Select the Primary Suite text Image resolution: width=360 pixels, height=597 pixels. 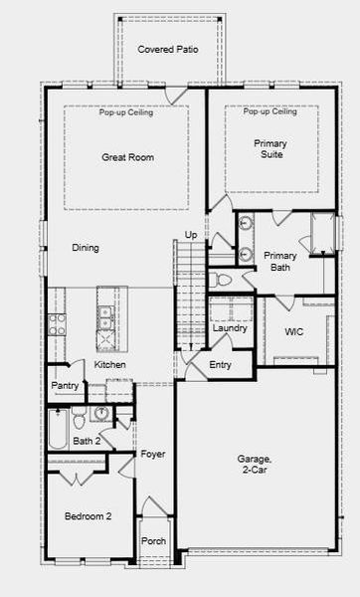pyautogui.click(x=270, y=150)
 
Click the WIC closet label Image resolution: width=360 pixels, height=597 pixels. pyautogui.click(x=293, y=331)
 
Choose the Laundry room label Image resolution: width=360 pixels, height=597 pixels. pyautogui.click(x=230, y=328)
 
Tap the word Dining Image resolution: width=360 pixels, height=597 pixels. pyautogui.click(x=85, y=248)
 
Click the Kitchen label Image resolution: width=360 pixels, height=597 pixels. pyautogui.click(x=109, y=365)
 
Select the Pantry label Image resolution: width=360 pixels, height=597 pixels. pyautogui.click(x=65, y=385)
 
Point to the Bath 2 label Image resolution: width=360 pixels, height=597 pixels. pyautogui.click(x=87, y=441)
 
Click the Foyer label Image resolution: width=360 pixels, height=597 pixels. pyautogui.click(x=152, y=455)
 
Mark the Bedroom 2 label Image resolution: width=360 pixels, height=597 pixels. pyautogui.click(x=88, y=516)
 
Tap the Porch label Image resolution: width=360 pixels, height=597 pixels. pyautogui.click(x=154, y=541)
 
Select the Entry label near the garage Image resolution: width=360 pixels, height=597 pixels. pyautogui.click(x=221, y=365)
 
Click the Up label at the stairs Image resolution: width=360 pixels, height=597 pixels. pyautogui.click(x=191, y=235)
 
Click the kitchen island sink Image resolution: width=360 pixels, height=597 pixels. pyautogui.click(x=104, y=317)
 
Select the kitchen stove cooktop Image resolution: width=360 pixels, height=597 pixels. pyautogui.click(x=57, y=322)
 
